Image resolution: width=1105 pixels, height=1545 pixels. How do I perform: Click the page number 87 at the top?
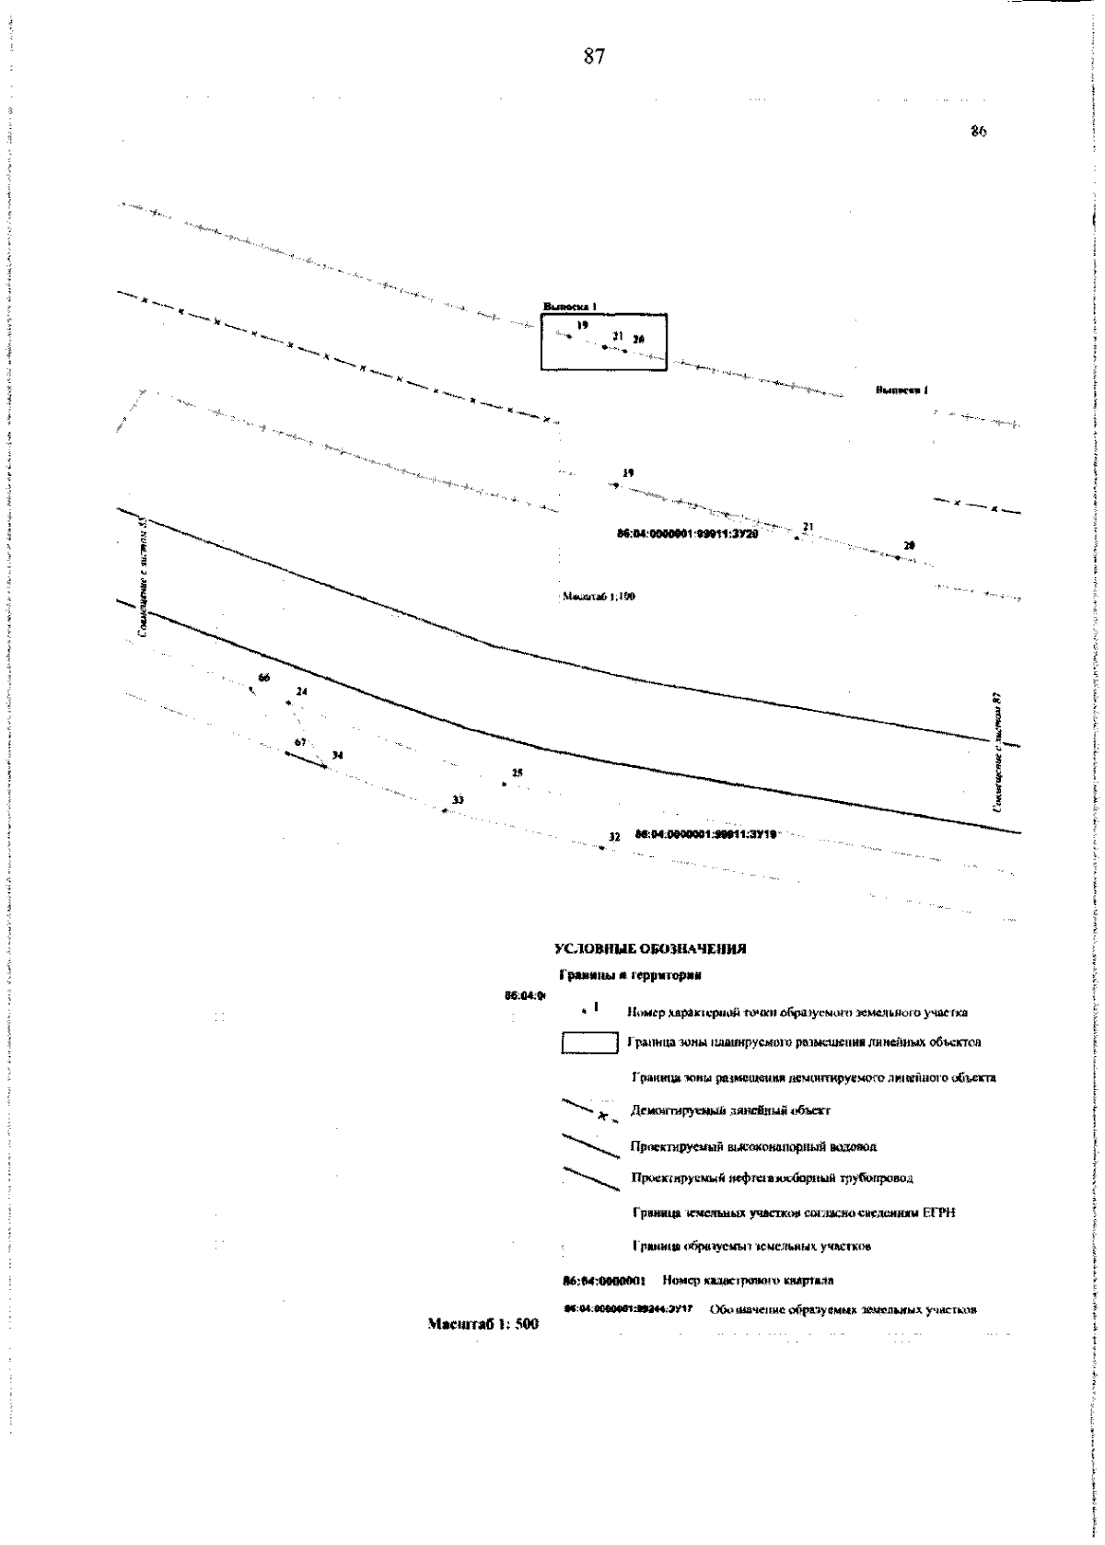[594, 57]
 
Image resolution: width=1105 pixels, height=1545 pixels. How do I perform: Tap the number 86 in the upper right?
[979, 132]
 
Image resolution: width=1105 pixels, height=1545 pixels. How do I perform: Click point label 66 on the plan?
[264, 678]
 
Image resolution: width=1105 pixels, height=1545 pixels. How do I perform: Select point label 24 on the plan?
[302, 691]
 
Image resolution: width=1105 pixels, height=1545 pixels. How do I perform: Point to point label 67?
[300, 742]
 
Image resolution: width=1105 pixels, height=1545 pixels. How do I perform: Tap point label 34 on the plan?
[338, 755]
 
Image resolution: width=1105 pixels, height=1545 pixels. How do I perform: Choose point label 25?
[518, 772]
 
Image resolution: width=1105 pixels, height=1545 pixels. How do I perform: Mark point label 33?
[459, 799]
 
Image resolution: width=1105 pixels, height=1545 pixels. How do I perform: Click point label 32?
[614, 837]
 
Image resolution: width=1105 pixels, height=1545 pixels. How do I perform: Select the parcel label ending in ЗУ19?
[706, 833]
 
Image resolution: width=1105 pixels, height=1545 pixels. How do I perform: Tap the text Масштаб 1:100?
[599, 597]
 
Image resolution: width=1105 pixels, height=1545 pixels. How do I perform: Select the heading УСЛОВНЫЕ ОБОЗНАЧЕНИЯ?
[649, 949]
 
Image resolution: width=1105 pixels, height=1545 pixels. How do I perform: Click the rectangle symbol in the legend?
[589, 1043]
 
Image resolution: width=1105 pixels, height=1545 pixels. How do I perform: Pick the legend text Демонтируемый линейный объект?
[730, 1110]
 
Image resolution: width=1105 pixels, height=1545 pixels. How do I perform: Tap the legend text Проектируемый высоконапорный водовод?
[753, 1146]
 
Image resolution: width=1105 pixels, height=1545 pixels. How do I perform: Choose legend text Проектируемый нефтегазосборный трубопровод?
[772, 1178]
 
